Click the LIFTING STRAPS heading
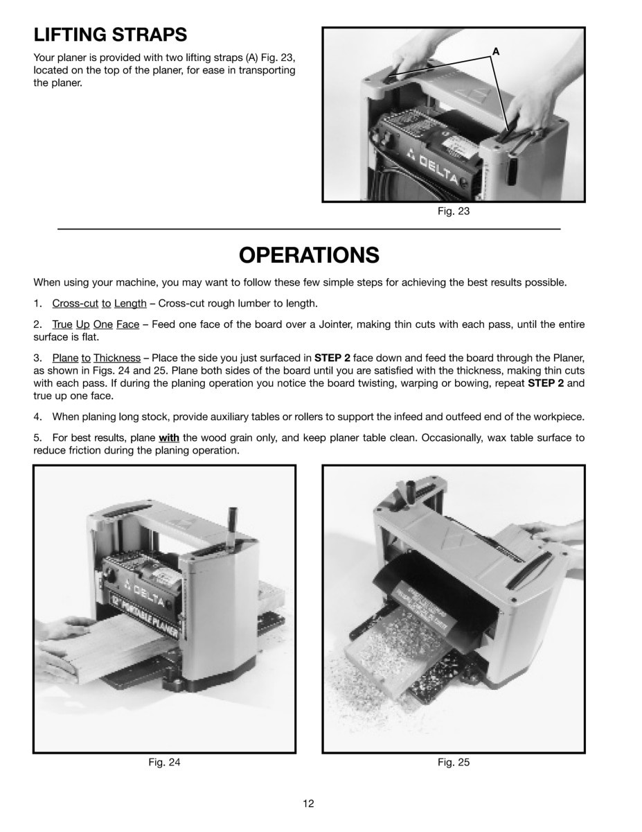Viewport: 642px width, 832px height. [110, 34]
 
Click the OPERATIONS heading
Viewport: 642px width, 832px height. [309, 255]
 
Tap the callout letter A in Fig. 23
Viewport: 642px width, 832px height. [496, 51]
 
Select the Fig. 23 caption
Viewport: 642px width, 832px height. [454, 211]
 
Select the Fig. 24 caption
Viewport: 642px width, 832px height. [164, 762]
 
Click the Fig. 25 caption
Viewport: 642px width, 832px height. [454, 762]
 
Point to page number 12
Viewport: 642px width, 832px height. [308, 804]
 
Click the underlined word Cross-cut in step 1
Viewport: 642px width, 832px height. [75, 303]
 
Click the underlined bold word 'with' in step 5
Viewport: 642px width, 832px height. [168, 438]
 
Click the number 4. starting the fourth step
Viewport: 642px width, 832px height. [38, 417]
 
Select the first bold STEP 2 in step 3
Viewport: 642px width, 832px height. [332, 358]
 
